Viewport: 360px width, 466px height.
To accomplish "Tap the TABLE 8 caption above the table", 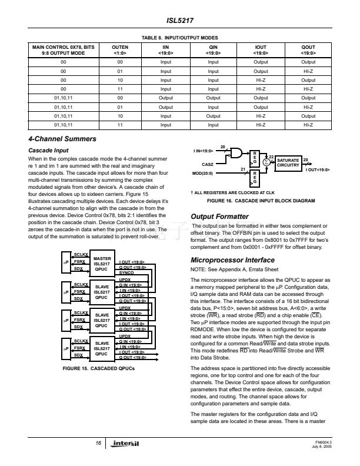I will tap(180, 37).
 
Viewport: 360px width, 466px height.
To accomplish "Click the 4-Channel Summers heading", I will tap(62, 139).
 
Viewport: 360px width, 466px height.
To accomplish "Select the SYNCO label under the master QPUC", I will tap(126, 272).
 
